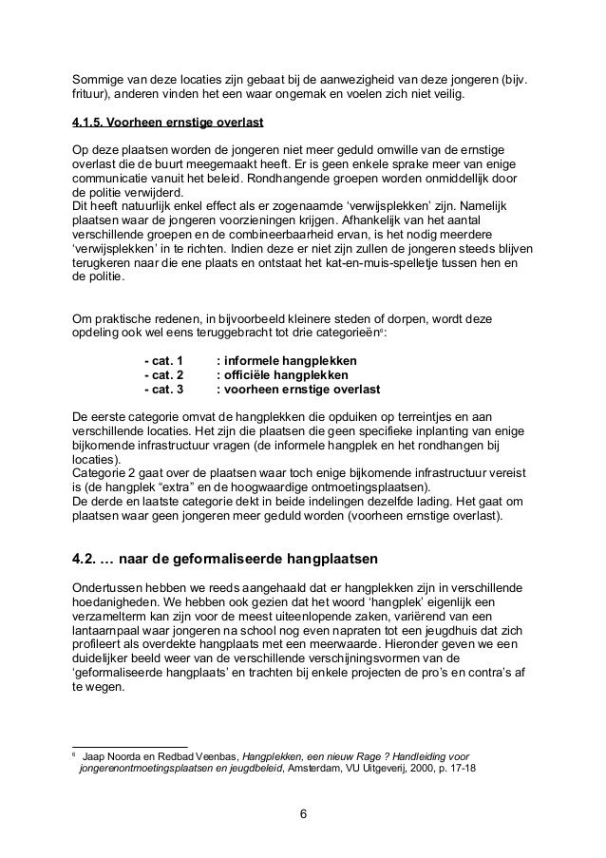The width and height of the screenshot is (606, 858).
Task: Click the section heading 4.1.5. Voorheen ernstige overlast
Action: [x=167, y=123]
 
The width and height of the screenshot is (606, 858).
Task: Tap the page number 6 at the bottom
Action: [x=302, y=814]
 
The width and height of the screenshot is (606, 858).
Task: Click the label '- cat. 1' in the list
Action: [x=162, y=361]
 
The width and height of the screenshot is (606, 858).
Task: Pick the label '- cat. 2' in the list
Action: [x=162, y=375]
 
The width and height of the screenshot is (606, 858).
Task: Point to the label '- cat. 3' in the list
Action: [x=162, y=390]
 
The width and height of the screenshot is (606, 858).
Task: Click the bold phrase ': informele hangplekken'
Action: [x=287, y=361]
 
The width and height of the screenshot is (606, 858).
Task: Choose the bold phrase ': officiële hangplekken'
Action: [x=282, y=375]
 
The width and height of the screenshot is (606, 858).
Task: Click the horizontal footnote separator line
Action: [x=130, y=745]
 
